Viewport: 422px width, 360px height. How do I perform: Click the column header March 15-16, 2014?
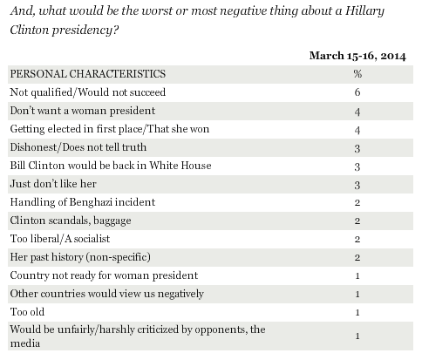point(357,56)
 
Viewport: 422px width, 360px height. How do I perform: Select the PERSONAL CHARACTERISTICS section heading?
point(88,74)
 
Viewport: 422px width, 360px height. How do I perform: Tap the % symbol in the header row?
point(357,74)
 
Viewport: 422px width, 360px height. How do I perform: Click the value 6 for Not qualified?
point(357,92)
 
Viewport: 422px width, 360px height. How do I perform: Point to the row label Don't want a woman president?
point(83,111)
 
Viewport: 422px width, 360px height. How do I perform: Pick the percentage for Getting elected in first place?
point(357,130)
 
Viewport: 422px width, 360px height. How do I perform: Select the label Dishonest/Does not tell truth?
point(78,147)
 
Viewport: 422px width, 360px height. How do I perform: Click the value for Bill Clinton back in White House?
point(357,166)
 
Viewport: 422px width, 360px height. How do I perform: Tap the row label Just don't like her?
point(53,184)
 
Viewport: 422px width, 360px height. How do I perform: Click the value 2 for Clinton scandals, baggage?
point(357,221)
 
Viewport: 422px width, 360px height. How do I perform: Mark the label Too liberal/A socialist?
point(60,239)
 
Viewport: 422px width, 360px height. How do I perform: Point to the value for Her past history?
point(357,257)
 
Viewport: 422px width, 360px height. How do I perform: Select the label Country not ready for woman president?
point(104,275)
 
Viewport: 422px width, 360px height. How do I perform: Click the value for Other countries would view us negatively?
point(357,294)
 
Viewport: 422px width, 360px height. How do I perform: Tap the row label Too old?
point(27,312)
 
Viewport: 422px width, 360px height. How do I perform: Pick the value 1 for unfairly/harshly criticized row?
point(357,336)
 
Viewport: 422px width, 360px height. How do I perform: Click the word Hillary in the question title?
point(365,11)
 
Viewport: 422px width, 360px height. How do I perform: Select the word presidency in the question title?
point(85,31)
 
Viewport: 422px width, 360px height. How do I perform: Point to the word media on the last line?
point(25,343)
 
